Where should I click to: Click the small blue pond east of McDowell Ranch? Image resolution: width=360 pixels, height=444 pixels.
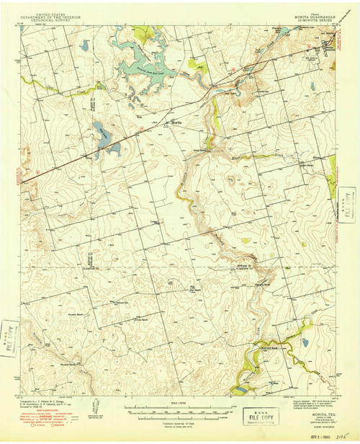[x=305, y=343]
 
